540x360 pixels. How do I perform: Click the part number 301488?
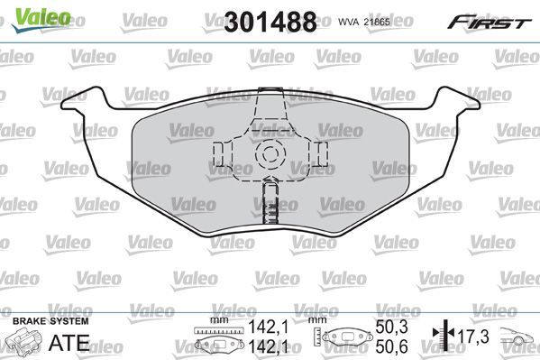pyautogui.click(x=270, y=22)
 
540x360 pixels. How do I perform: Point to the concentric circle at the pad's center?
pyautogui.click(x=270, y=153)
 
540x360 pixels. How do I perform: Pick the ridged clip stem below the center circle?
pyautogui.click(x=270, y=203)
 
